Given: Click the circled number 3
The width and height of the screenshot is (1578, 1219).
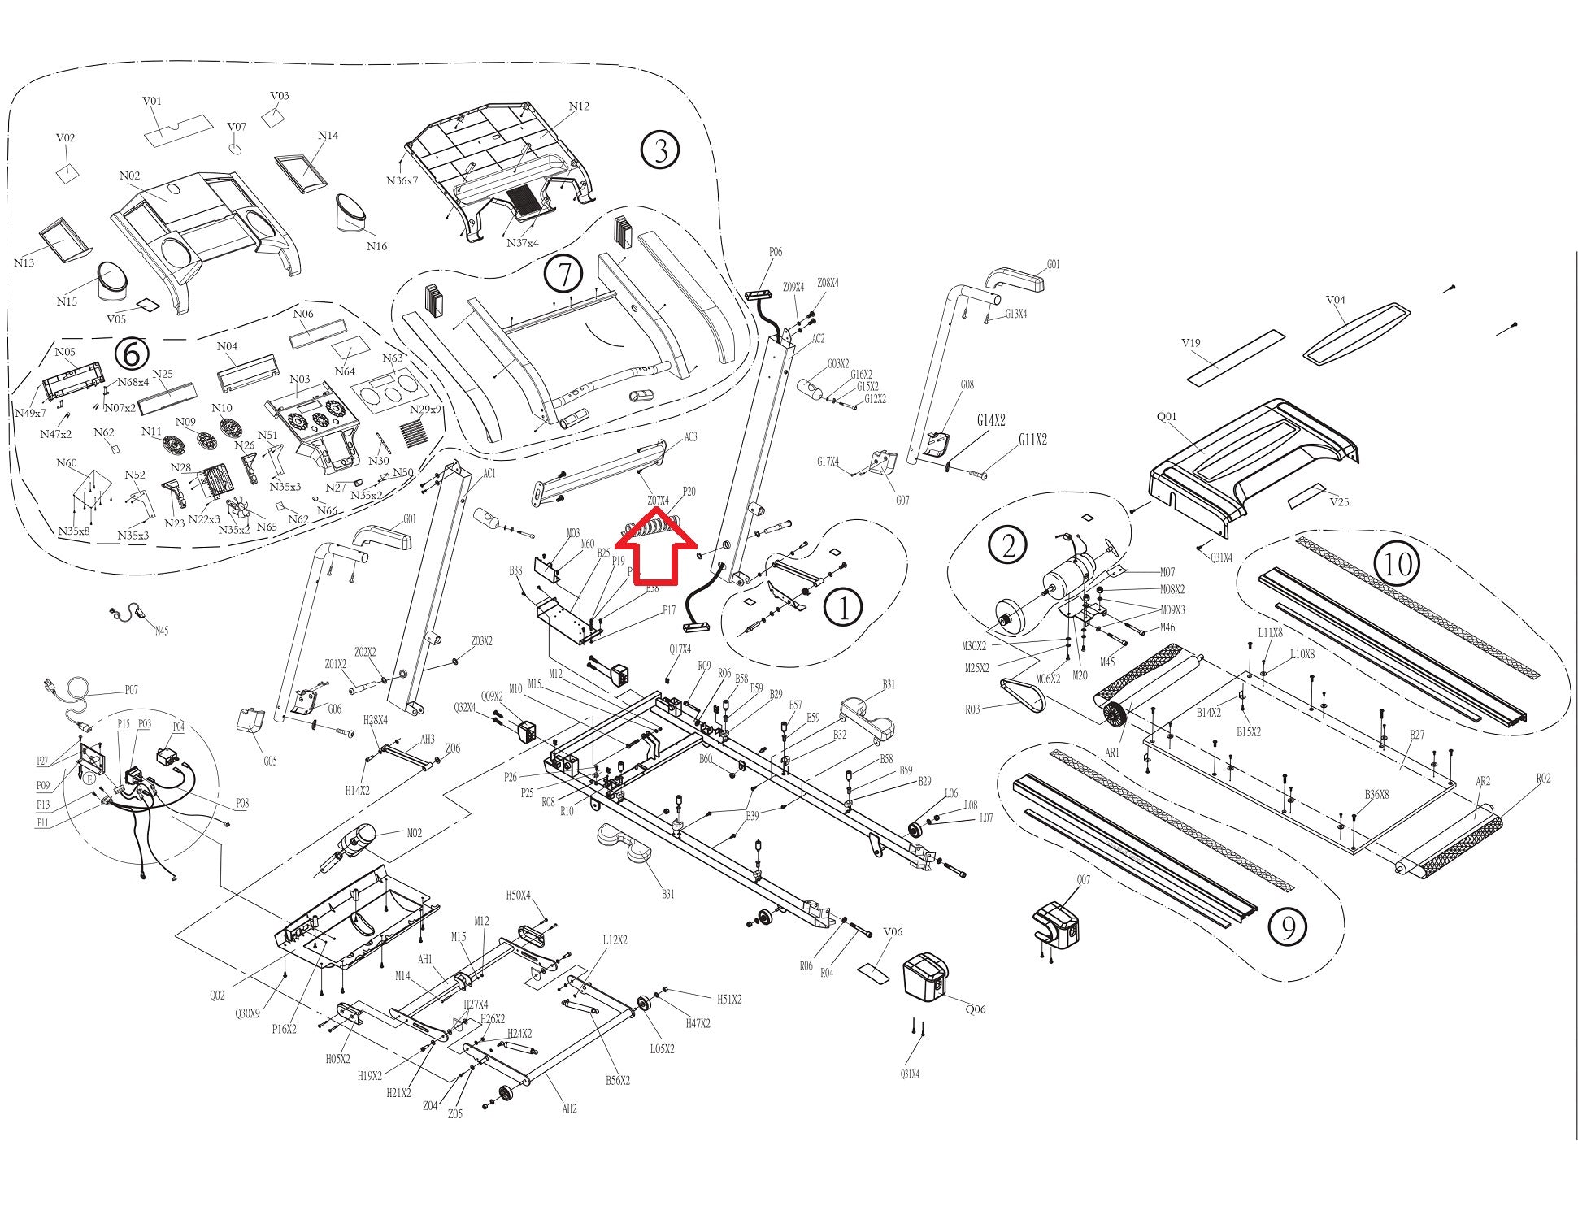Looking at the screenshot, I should point(659,150).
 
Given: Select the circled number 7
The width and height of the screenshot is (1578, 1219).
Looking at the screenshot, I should point(563,274).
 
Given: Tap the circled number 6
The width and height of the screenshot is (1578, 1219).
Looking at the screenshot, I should point(133,354).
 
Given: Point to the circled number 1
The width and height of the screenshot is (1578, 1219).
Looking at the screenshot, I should point(843,608).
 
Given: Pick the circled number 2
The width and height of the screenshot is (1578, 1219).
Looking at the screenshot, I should point(1008,544).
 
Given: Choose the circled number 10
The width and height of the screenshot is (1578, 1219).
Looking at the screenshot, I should point(1398,564).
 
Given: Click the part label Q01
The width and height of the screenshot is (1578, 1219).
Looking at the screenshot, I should point(1167,417).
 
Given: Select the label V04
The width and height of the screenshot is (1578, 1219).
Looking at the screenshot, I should point(1335,300).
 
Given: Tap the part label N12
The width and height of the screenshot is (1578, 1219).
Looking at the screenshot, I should point(579,106).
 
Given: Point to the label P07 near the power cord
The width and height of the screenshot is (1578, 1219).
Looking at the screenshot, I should point(131,690).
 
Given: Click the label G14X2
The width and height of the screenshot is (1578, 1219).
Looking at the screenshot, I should point(991,420).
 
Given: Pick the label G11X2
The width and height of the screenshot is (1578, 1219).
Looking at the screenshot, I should point(1032,440).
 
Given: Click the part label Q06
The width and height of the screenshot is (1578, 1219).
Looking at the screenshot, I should point(975,1009).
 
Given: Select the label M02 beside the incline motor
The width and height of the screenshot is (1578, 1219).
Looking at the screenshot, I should point(415,833).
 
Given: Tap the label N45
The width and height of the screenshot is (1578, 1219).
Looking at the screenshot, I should point(161,631).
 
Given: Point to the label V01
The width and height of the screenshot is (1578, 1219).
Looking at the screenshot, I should point(152,101).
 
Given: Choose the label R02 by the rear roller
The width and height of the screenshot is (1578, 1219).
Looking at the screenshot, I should point(1543,779).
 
